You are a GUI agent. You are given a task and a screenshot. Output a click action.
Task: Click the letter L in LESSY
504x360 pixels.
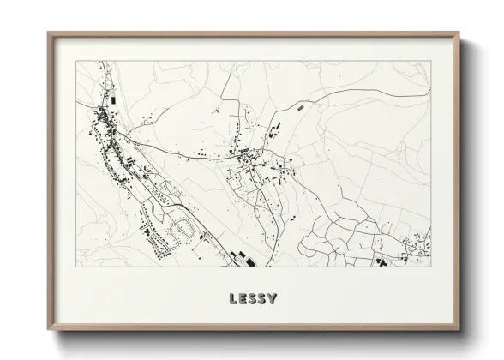tap(233, 301)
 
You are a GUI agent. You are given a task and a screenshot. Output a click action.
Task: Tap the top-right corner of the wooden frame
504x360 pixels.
tap(462, 33)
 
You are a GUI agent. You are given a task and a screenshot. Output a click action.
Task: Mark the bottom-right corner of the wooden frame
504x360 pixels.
tap(462, 332)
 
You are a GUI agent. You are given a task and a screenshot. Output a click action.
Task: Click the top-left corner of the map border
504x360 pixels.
tap(77, 63)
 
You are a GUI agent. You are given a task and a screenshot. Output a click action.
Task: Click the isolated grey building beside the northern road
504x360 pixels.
tap(300, 109)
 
